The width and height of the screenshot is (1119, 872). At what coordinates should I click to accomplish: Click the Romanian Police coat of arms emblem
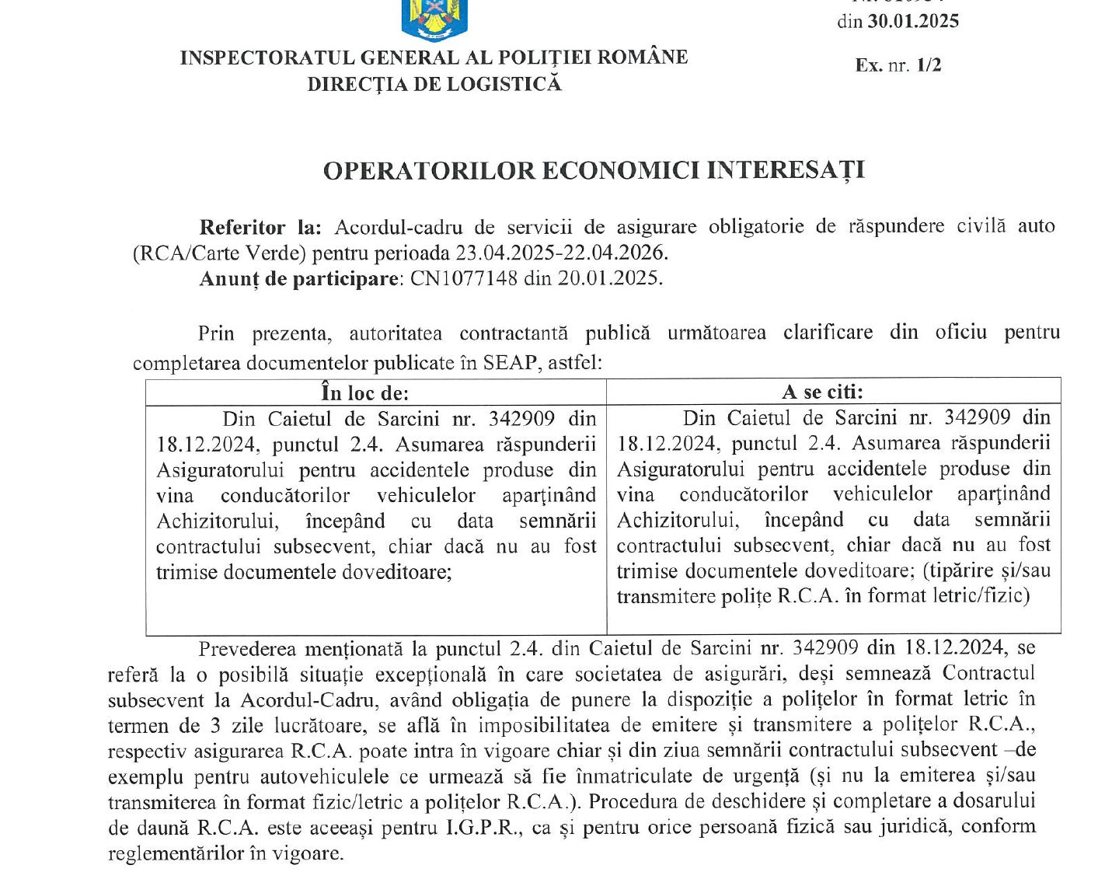[x=434, y=19]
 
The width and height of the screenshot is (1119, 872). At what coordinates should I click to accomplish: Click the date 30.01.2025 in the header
[x=913, y=21]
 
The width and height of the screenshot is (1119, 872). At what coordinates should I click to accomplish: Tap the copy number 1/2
[x=929, y=65]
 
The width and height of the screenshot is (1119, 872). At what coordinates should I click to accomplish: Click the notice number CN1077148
[x=463, y=278]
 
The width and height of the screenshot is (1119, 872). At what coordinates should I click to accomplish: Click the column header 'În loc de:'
[x=364, y=392]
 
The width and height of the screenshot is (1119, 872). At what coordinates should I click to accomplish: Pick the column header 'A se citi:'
[x=822, y=392]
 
